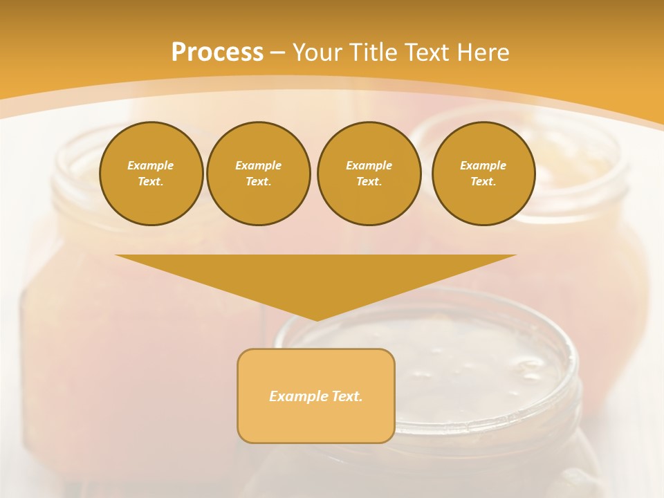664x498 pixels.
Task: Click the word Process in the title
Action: [x=217, y=53]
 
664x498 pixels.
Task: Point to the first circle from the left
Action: [x=151, y=174]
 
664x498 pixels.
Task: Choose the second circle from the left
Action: [x=259, y=174]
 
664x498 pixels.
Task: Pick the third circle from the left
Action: [x=369, y=174]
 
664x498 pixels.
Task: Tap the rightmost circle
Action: [x=483, y=174]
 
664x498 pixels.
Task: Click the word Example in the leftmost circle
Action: [x=151, y=165]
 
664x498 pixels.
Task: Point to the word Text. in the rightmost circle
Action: [x=483, y=182]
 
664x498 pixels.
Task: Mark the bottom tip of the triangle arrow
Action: [x=316, y=320]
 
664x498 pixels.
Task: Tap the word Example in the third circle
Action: [x=369, y=165]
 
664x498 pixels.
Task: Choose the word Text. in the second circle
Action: [x=259, y=182]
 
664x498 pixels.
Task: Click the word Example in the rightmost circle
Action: [x=483, y=165]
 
